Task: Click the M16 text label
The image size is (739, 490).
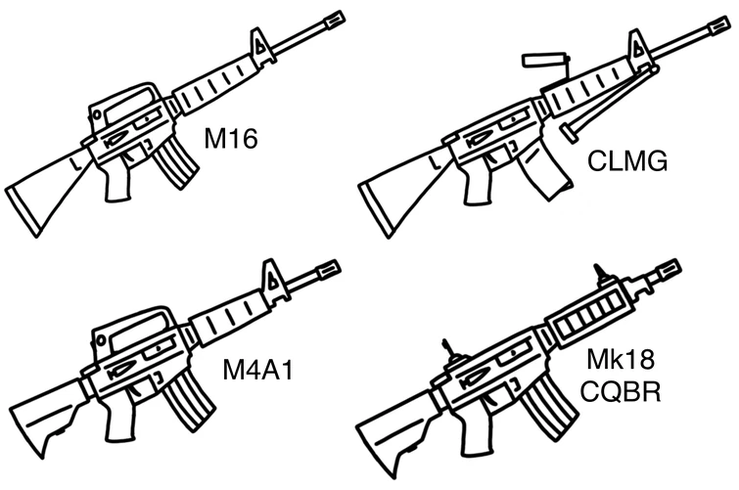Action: coord(230,140)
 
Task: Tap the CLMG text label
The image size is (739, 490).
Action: coord(627,160)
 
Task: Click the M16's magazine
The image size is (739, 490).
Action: coord(176,161)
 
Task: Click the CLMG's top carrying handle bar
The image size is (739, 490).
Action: coord(544,60)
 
